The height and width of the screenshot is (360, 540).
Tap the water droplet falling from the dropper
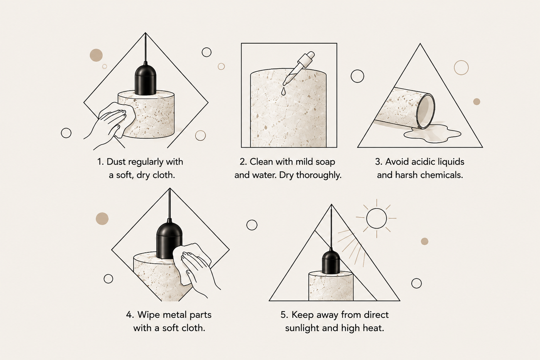(283, 91)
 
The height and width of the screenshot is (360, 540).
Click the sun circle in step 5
(376, 218)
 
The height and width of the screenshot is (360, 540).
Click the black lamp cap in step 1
(145, 79)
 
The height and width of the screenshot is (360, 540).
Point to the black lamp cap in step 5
(331, 262)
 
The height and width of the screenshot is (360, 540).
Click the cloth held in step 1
(118, 118)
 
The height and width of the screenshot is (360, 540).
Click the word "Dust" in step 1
(116, 161)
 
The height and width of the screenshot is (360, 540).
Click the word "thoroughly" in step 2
(319, 175)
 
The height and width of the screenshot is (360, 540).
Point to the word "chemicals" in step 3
(441, 175)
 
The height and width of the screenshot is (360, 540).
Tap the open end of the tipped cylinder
(426, 111)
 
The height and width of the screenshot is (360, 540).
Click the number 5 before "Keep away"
(284, 315)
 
